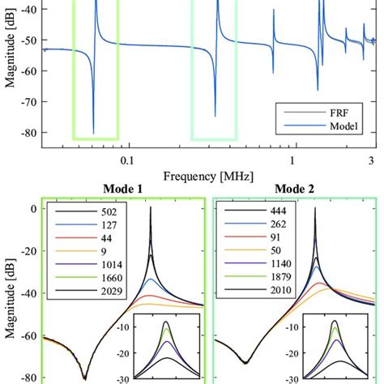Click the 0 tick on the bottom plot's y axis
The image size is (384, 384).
(34, 209)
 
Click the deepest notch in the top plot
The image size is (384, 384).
(93, 133)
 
